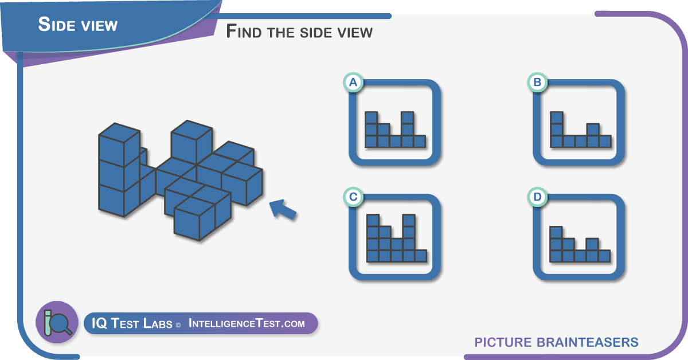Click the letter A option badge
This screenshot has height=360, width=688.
click(353, 83)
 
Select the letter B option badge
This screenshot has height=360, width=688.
click(537, 83)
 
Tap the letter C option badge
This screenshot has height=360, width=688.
click(353, 197)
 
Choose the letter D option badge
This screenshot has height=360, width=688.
click(537, 197)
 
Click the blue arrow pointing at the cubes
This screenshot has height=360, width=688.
click(283, 210)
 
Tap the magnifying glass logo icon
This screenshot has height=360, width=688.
click(57, 322)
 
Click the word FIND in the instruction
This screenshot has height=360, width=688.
click(244, 32)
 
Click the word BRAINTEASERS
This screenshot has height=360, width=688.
click(588, 342)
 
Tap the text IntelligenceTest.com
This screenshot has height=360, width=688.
click(247, 323)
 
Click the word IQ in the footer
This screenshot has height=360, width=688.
click(99, 323)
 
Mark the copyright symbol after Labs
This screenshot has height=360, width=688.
click(178, 325)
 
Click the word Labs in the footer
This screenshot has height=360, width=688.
click(158, 323)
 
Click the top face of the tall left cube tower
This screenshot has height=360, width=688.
click(119, 132)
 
